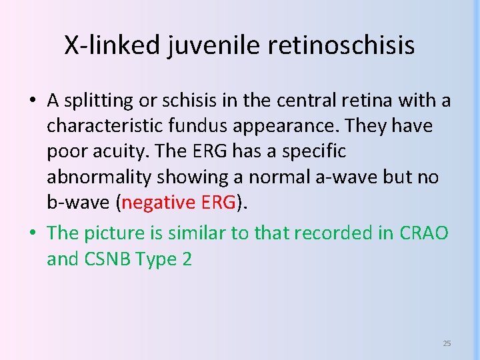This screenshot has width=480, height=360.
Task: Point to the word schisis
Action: [191, 101]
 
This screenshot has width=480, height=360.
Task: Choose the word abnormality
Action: [97, 177]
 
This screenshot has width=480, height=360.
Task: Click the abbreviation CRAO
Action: [424, 233]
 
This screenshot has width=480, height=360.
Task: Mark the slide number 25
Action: [447, 343]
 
